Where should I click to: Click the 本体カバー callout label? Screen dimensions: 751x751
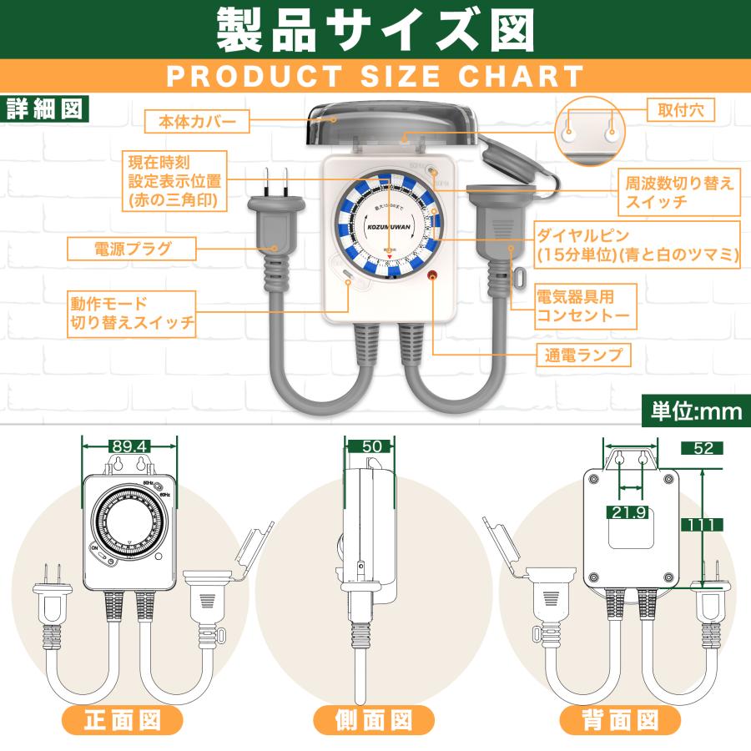[197, 123]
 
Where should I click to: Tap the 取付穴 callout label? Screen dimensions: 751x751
[679, 110]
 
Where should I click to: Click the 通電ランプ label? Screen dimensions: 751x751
[582, 355]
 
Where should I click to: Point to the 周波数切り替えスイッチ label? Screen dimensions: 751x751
[679, 194]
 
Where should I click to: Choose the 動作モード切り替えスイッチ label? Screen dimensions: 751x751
[131, 313]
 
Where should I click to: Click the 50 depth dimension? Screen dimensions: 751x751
[372, 446]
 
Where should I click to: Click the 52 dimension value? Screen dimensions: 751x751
[703, 448]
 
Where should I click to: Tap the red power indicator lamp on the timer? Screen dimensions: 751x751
[433, 277]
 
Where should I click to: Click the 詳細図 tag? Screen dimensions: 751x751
[43, 109]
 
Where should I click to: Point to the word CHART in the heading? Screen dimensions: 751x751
[521, 76]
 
